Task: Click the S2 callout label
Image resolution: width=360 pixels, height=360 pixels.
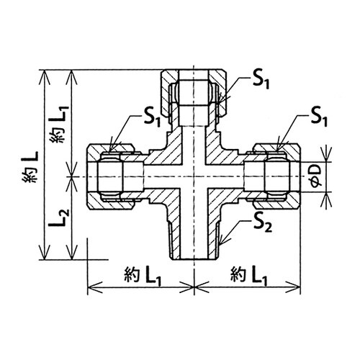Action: pos(264,225)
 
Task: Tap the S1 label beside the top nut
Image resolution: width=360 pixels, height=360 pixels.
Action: pos(261,81)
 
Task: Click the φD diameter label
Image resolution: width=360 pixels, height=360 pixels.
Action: pos(315,176)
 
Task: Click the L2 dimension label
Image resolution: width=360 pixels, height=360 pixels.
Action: pos(59,218)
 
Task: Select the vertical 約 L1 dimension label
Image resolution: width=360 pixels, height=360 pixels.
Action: pos(59,124)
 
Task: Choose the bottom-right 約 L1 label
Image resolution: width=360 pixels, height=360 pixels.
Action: pos(249,276)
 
